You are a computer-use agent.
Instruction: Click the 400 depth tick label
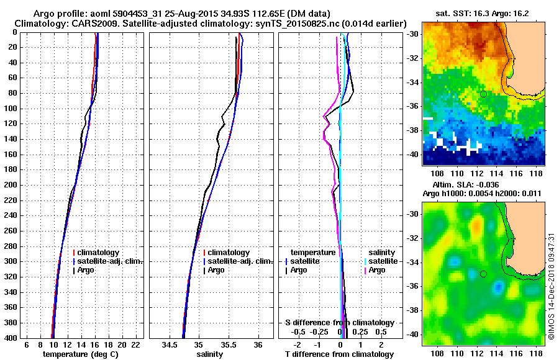click(x=11, y=338)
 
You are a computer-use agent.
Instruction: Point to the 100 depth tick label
click(x=11, y=109)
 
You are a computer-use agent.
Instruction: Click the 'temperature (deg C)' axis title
click(x=80, y=354)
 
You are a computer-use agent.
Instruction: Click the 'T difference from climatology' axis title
click(x=339, y=354)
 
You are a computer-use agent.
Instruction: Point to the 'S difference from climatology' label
click(x=339, y=323)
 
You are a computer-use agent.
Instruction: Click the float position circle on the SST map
click(x=483, y=94)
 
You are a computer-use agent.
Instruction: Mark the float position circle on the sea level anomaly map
click(x=483, y=274)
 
